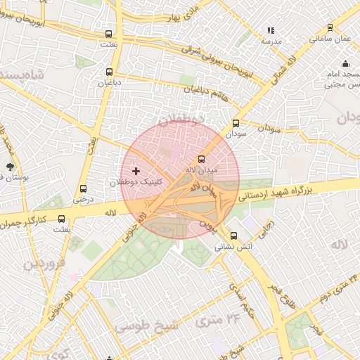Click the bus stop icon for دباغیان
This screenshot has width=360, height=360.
(109, 72)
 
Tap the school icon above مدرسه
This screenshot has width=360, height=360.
(271, 31)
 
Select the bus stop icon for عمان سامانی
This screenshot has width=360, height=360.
(331, 29)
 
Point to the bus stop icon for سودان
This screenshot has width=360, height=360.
(235, 123)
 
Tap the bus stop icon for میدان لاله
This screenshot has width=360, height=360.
(202, 160)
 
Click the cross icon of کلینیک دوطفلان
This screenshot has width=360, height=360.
(136, 171)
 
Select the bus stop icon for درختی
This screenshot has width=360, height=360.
(84, 188)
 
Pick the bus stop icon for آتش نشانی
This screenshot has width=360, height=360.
(233, 236)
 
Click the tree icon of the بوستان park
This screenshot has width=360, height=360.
(10, 167)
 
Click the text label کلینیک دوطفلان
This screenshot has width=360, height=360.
(135, 182)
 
